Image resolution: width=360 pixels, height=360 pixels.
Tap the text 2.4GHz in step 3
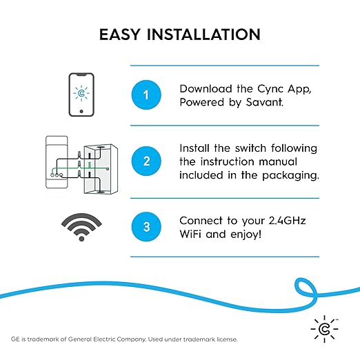pyautogui.click(x=286, y=221)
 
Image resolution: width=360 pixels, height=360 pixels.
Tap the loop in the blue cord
pyautogui.click(x=306, y=288)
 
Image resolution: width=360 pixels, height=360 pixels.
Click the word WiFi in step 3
pyautogui.click(x=194, y=234)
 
